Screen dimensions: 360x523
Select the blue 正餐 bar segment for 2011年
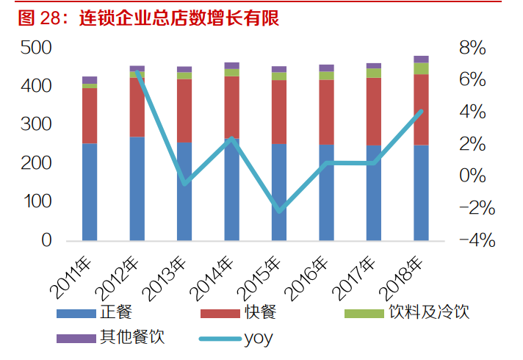90,191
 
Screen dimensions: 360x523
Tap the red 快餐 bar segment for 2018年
421,109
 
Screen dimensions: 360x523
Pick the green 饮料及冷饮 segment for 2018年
421,68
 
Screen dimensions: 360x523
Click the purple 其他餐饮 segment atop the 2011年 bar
90,80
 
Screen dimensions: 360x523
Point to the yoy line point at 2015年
279,212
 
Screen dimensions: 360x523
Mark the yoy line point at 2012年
137,72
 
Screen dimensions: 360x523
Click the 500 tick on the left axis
36,48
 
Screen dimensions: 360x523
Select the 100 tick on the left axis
36,202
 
